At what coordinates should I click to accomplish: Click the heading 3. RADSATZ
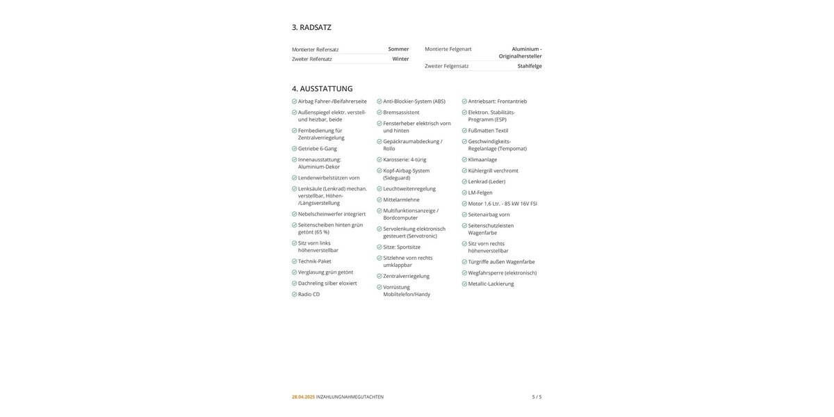[x=311, y=27]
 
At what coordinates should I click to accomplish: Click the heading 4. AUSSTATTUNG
[x=322, y=88]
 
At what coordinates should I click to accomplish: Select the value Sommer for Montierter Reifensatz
[x=398, y=49]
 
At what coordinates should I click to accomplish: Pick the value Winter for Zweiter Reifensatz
[x=400, y=59]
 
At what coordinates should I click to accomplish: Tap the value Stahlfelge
[x=530, y=66]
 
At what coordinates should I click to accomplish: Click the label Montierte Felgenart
[x=448, y=49]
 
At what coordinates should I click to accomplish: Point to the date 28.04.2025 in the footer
[x=303, y=397]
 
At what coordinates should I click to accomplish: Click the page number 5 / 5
[x=537, y=397]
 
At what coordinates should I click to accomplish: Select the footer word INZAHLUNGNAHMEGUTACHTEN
[x=350, y=397]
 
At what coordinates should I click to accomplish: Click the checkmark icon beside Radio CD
[x=295, y=295]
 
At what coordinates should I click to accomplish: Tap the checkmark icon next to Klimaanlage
[x=464, y=160]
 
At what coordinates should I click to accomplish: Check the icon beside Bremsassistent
[x=379, y=113]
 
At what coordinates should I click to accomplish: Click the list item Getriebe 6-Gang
[x=318, y=149]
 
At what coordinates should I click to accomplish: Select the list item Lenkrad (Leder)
[x=486, y=182]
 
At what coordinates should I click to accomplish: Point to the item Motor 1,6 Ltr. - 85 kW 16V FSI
[x=502, y=204]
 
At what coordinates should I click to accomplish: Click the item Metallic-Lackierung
[x=491, y=284]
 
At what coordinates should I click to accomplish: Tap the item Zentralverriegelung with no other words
[x=406, y=276]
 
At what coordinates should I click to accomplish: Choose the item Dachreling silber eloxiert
[x=327, y=284]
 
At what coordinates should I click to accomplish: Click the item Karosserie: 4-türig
[x=404, y=160]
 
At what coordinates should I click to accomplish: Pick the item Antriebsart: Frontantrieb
[x=497, y=101]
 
